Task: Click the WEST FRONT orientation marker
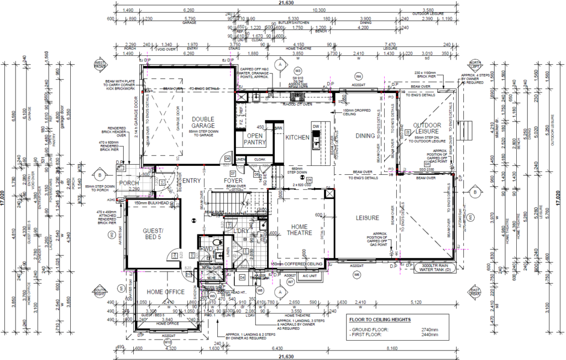pyautogui.click(x=99, y=65)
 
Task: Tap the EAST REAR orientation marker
pyautogui.click(x=474, y=291)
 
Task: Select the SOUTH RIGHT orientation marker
pyautogui.click(x=99, y=291)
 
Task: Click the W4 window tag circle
pyautogui.click(x=358, y=76)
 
